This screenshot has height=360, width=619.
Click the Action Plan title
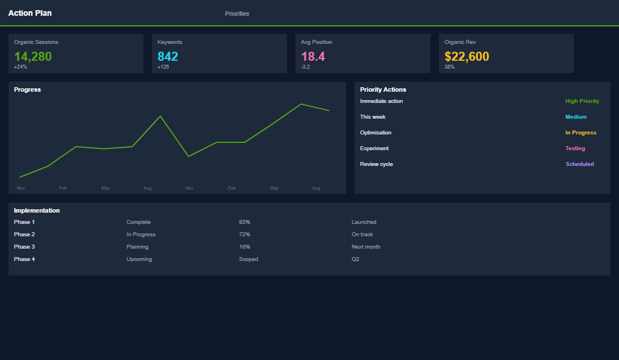point(30,13)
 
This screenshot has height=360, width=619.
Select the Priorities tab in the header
point(237,13)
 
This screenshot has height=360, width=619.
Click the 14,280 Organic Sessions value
point(33,56)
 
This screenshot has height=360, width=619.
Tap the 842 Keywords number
point(168,56)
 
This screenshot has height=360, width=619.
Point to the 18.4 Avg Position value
point(313,56)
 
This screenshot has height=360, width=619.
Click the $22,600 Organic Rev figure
point(467,56)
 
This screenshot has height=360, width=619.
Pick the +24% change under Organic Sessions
point(20,67)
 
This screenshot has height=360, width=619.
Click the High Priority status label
point(582,101)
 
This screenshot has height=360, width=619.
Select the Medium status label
point(576,117)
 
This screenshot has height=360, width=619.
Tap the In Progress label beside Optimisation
point(581,133)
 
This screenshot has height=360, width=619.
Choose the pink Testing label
point(575,148)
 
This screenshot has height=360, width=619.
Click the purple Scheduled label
point(580,164)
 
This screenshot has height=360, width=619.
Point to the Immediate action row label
point(382,101)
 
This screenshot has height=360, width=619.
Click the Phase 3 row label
point(24,247)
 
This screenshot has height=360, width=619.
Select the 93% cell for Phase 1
point(244,222)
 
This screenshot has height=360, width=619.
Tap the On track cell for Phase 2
point(362,235)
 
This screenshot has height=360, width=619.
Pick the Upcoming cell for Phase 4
point(139,259)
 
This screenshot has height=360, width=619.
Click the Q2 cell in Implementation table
point(356,259)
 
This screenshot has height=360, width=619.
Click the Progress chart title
point(28,89)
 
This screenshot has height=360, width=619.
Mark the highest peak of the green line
point(301,104)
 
